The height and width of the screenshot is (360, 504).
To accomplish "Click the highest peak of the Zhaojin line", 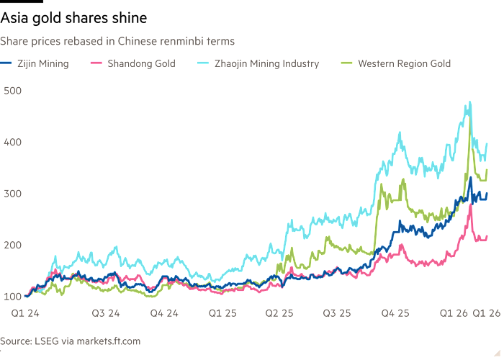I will [469, 102].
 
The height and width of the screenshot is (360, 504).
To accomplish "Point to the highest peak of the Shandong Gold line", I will [470, 204].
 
